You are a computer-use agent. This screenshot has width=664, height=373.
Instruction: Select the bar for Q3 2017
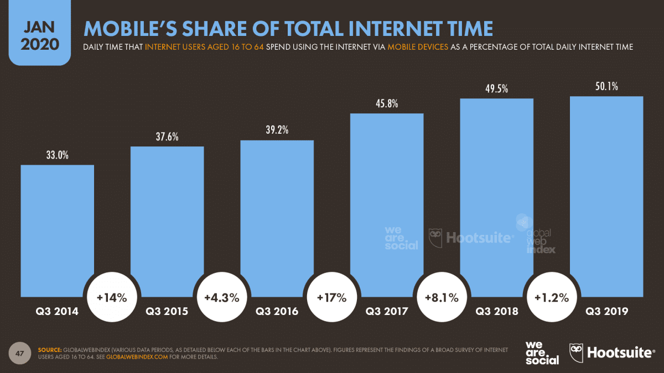point(386,204)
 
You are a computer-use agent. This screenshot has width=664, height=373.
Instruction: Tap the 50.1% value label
point(606,87)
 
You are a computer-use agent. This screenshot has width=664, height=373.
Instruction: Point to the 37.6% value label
point(167,137)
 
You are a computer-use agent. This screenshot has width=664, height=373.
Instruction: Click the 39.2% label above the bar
point(277,130)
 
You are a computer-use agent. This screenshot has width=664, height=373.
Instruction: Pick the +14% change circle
point(112,298)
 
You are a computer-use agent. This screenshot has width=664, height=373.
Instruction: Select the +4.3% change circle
point(221,298)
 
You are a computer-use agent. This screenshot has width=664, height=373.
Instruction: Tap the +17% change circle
point(331,298)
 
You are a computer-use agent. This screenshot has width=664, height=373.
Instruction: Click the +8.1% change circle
point(441,298)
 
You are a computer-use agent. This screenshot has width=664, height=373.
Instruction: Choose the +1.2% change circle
point(551,298)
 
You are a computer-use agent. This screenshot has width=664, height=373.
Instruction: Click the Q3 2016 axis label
point(277,312)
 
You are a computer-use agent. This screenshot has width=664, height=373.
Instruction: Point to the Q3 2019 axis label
point(606,312)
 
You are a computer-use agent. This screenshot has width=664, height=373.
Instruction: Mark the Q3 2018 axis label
point(496,312)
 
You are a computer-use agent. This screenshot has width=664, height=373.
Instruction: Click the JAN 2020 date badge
point(40,36)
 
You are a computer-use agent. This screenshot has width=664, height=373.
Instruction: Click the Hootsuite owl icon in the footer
point(577,352)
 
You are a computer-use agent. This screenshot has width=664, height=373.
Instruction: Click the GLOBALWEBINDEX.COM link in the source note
point(137,357)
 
